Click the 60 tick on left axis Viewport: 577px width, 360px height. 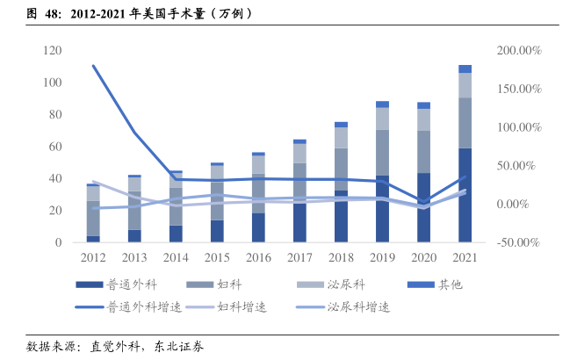click(x=54, y=147)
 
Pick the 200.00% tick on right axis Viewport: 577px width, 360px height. click(x=518, y=51)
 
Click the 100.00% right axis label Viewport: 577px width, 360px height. click(x=518, y=127)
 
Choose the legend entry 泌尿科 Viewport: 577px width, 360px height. click(x=344, y=284)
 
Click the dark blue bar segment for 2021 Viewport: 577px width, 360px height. click(x=465, y=195)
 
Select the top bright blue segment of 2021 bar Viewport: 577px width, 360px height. click(x=465, y=68)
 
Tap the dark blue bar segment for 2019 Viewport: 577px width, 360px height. click(x=382, y=209)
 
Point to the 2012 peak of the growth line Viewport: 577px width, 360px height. click(x=93, y=66)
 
